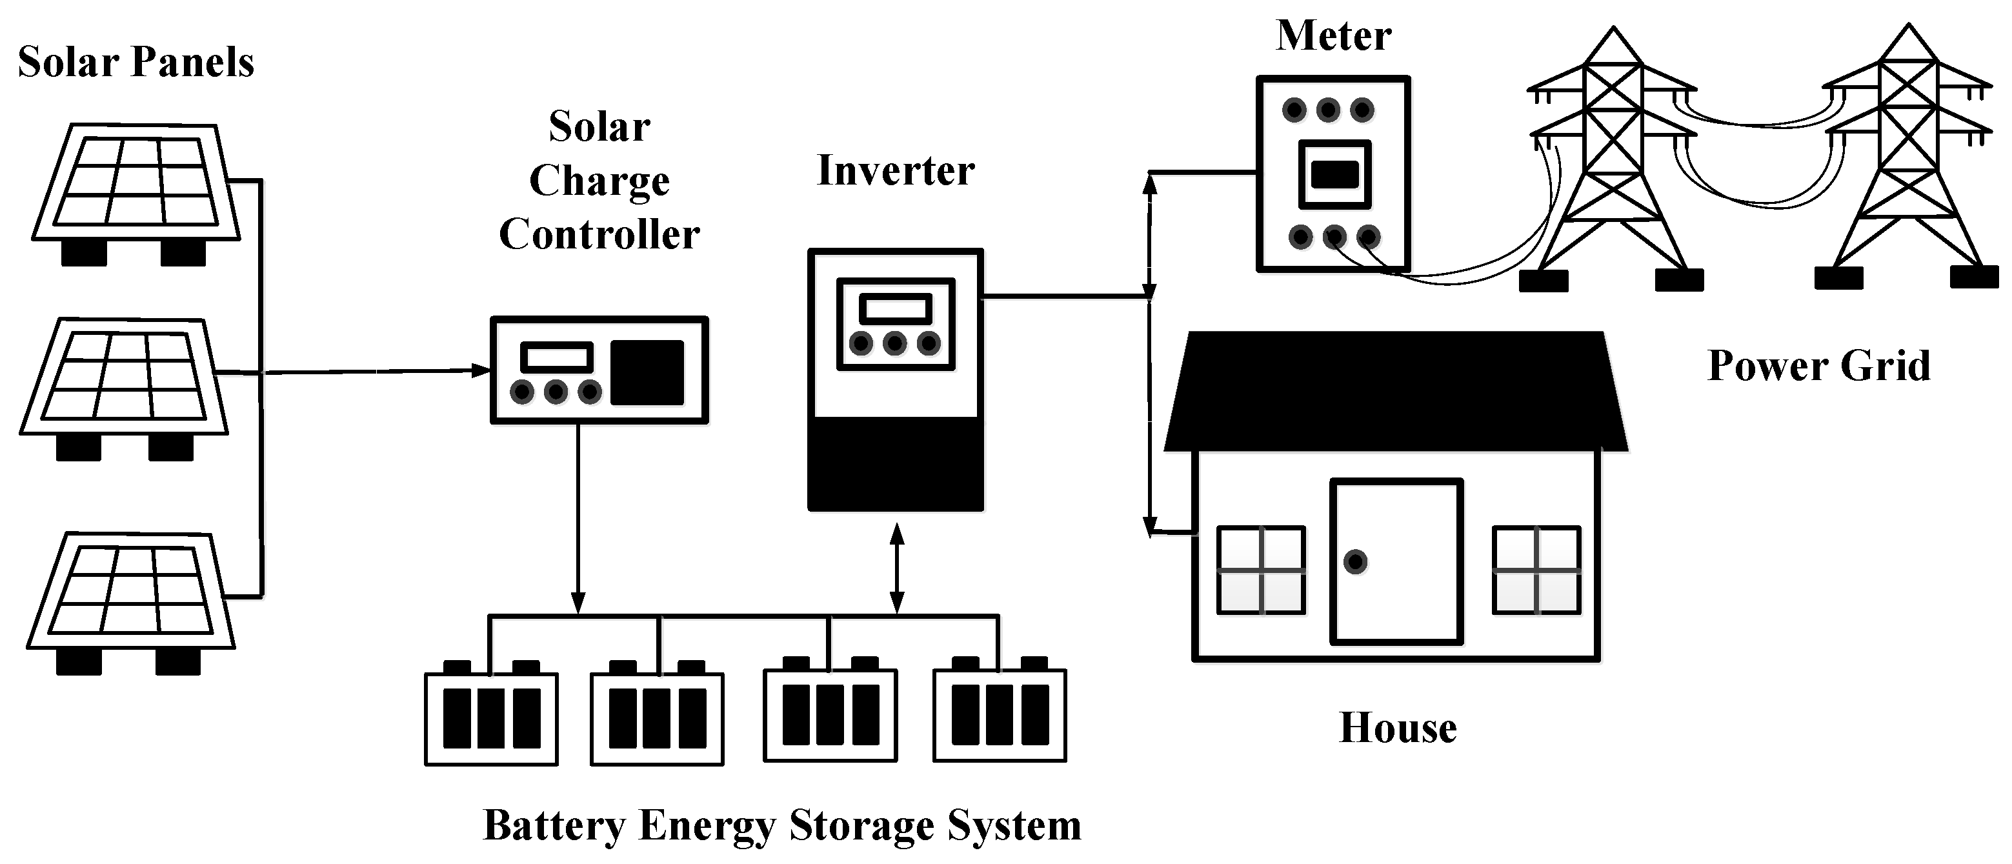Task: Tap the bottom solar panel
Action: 130,590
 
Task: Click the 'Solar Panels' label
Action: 136,63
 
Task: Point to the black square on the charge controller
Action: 647,372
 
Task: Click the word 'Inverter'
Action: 895,171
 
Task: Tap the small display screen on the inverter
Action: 895,309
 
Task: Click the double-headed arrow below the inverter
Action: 897,568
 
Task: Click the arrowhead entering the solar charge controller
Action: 480,370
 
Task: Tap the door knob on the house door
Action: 1355,561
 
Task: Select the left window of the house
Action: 1261,570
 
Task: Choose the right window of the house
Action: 1536,570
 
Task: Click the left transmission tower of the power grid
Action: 1612,156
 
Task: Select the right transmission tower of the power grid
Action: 1908,156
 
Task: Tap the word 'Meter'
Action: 1333,37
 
